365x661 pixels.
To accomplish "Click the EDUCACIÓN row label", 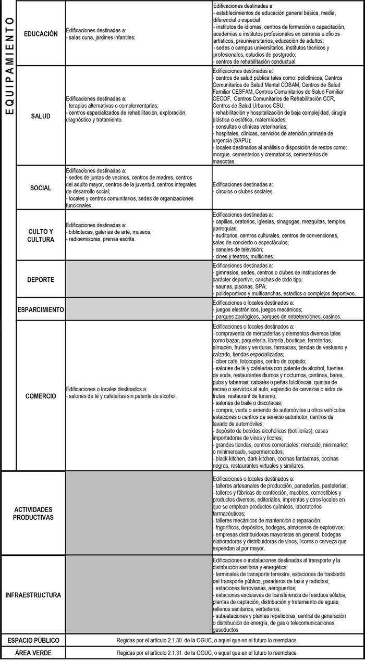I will click(41, 33).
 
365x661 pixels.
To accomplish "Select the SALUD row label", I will click(41, 116).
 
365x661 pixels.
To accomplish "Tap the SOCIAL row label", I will click(41, 188).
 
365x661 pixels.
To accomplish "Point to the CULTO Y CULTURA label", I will click(41, 235).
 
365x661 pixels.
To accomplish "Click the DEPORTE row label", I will click(41, 280).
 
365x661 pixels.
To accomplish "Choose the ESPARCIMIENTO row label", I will click(41, 310).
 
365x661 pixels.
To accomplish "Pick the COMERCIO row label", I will click(41, 396).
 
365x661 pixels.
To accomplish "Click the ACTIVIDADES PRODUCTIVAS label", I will click(33, 514).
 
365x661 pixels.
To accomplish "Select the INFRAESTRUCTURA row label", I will click(33, 595).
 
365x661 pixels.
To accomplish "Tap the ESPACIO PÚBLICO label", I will click(33, 640).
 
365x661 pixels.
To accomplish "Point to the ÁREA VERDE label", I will click(33, 653).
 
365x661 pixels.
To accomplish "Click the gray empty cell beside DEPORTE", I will click(138, 280).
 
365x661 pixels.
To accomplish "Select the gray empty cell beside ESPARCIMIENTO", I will click(138, 310).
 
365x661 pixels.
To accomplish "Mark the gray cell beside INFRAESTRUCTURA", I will click(138, 595).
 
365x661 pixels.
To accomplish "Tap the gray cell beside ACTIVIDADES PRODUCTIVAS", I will click(138, 514).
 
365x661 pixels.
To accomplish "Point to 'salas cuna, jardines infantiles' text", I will click(101, 38).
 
